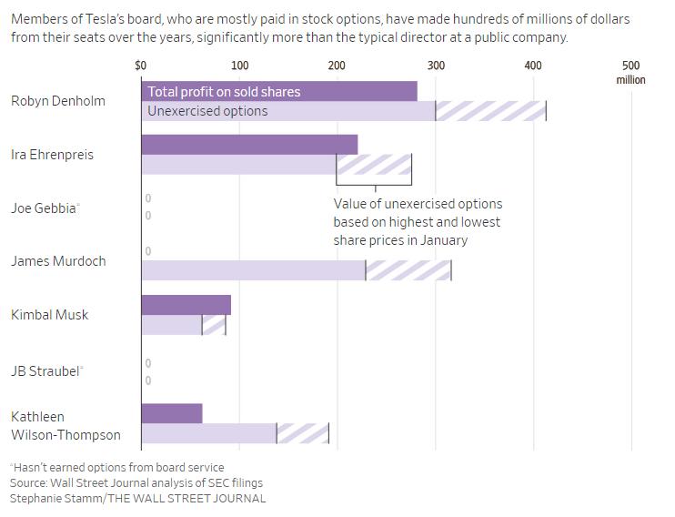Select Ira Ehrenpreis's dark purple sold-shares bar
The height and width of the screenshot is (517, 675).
pos(249,145)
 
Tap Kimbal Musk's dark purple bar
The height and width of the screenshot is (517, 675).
pos(186,305)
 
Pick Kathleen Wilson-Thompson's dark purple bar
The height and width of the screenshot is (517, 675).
pos(172,413)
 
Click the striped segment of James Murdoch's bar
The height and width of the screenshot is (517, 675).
pos(408,270)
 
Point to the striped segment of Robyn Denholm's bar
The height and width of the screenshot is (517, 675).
pos(490,111)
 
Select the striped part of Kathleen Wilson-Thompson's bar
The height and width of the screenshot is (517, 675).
pos(302,433)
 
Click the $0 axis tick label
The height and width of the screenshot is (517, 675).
pos(140,66)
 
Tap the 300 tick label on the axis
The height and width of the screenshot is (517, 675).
pos(436,66)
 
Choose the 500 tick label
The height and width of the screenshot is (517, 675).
pos(630,66)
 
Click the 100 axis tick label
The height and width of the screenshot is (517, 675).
pos(239,66)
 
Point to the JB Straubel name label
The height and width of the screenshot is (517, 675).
pos(46,371)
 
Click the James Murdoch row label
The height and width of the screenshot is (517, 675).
pos(58,261)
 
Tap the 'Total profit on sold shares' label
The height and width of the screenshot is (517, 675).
pos(224,92)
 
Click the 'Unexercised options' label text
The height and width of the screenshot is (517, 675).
pos(207,111)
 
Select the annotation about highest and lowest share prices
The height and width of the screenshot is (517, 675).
pos(418,222)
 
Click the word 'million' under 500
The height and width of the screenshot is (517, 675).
pos(630,80)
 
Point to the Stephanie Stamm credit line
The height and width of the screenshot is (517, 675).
pos(138,499)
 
